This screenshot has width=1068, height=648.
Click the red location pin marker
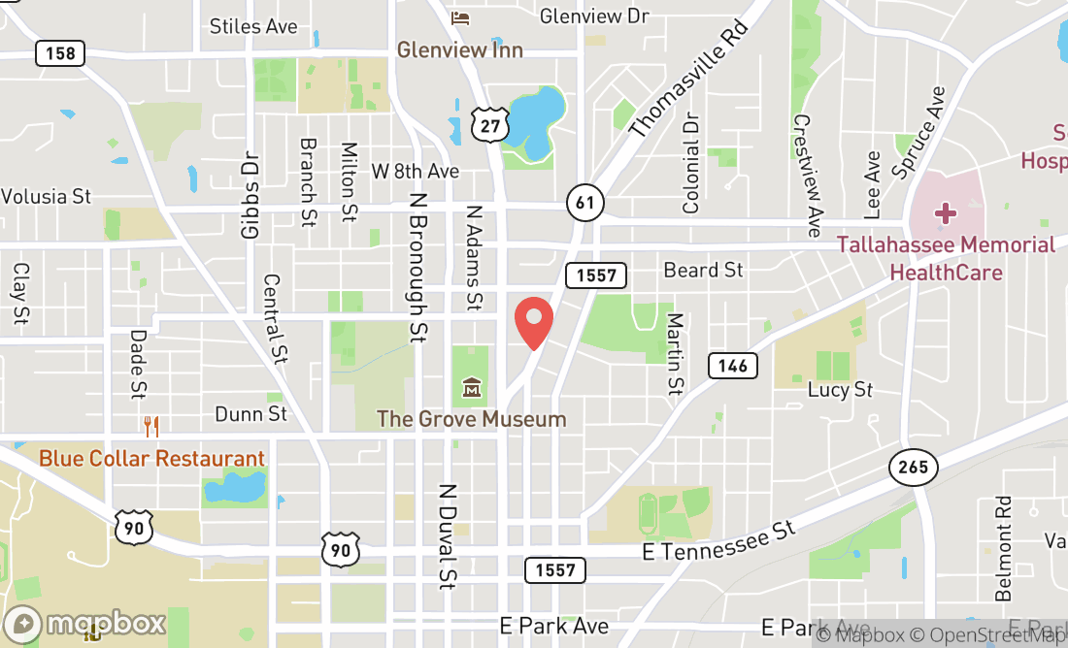pos(533,323)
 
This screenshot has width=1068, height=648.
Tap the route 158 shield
pos(60,52)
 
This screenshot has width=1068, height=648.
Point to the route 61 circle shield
pos(585,203)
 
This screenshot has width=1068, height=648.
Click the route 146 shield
pos(733,365)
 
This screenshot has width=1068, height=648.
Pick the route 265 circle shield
pos(913,468)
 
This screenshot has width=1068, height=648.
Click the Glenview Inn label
pos(460,49)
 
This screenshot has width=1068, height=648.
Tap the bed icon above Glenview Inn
pos(460,17)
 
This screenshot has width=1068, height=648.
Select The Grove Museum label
pos(471,419)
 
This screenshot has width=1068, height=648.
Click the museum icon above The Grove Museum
pos(472,389)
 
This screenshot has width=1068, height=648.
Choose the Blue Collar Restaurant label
pos(151,458)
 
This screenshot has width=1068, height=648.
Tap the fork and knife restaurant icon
pos(150,426)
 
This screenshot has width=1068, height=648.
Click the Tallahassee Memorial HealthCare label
pos(946,258)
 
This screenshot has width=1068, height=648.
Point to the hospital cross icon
pos(945,212)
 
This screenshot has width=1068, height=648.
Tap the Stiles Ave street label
pos(253,26)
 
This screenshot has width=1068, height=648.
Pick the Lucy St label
pos(841,390)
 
